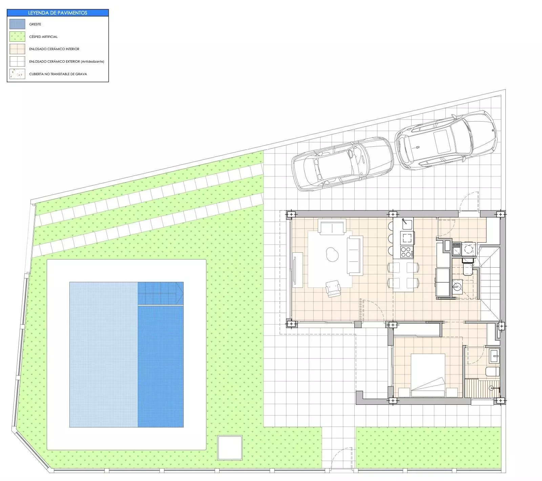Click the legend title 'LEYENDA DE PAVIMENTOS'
click(58, 13)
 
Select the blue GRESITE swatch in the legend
click(17, 24)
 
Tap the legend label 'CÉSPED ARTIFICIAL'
click(43, 37)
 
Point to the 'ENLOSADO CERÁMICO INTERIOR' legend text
click(54, 49)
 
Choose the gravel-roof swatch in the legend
click(17, 74)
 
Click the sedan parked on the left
click(342, 164)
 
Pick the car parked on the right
click(446, 140)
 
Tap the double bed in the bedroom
click(428, 375)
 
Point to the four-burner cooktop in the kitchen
click(407, 252)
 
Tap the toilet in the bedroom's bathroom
click(492, 372)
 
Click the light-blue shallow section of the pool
click(104, 354)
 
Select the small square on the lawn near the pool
click(230, 447)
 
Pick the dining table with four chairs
click(403, 277)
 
